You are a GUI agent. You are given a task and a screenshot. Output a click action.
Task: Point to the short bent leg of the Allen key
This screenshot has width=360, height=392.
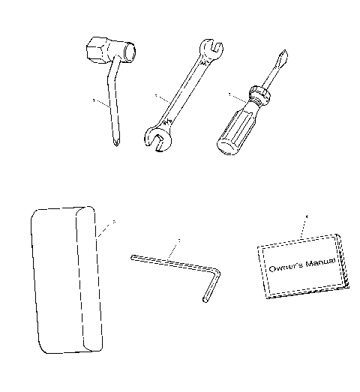211,289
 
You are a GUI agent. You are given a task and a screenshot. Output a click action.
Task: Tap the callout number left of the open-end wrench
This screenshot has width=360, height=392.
154,96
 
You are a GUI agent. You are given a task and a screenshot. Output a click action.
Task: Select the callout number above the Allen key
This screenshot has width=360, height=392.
178,241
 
